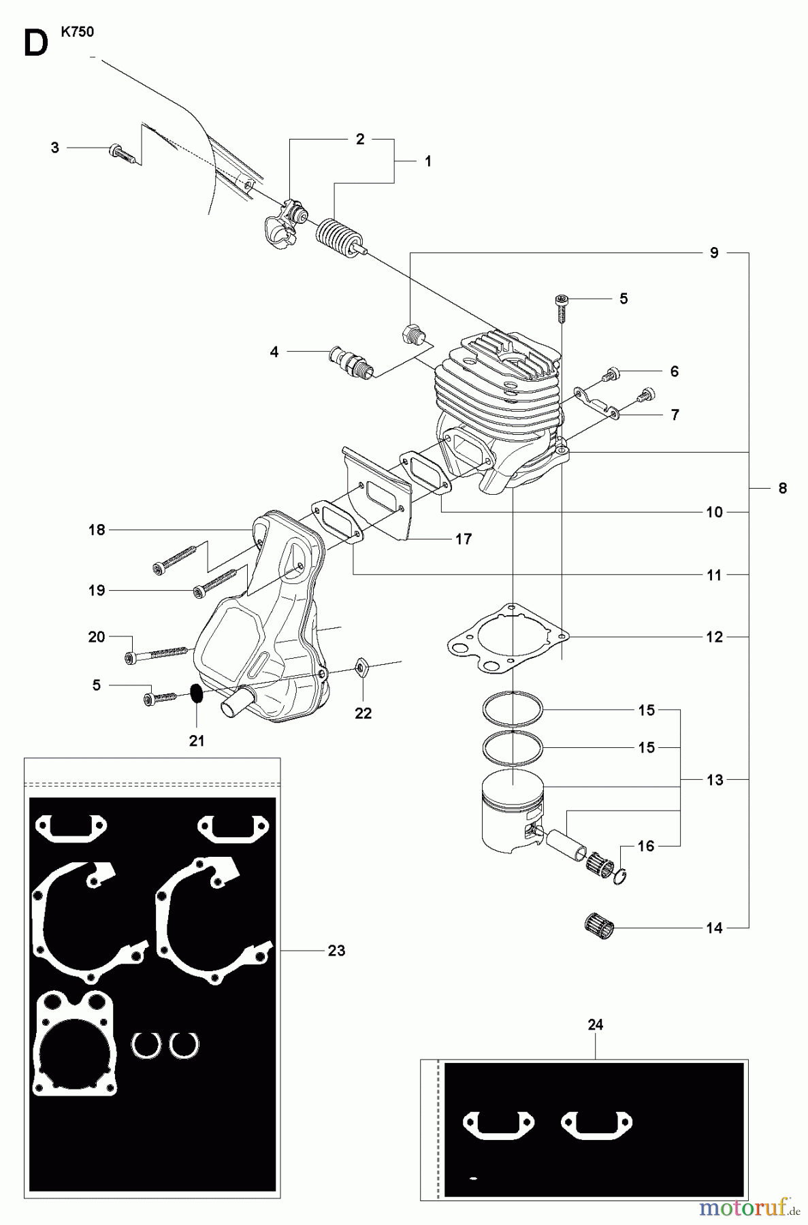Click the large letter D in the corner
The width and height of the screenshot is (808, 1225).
tap(35, 44)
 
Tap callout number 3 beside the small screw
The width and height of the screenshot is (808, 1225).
tap(55, 147)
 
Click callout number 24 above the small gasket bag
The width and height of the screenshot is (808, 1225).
tap(595, 1025)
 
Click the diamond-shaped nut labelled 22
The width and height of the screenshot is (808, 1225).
tap(361, 669)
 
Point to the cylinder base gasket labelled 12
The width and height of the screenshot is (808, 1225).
tap(507, 640)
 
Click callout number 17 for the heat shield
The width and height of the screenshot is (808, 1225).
tap(464, 539)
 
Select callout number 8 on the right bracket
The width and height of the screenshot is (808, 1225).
tap(782, 488)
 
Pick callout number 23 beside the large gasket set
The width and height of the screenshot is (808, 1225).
tap(336, 950)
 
